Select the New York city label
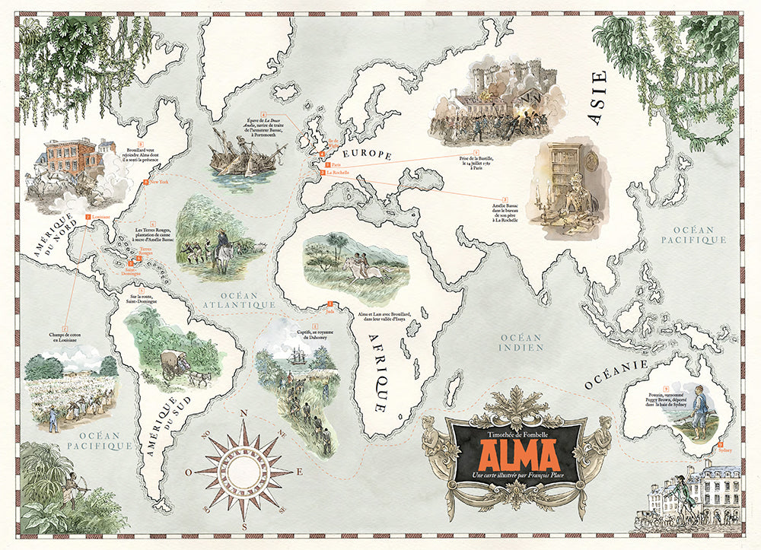pyautogui.click(x=158, y=183)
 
